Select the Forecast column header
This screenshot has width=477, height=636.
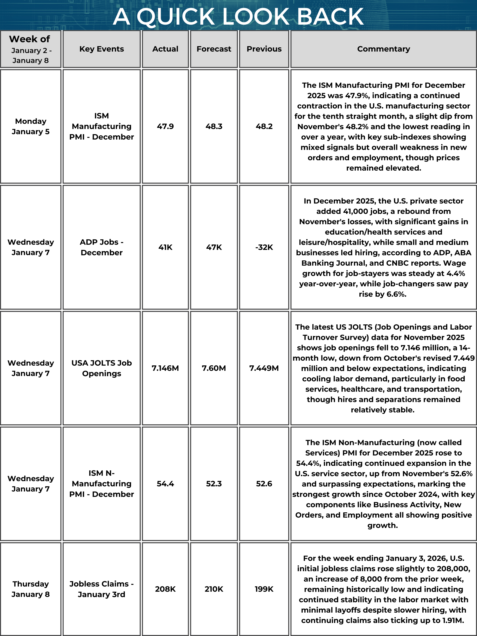tap(214, 49)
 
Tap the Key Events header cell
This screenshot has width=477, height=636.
tap(101, 49)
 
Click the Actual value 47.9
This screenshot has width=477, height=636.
tap(165, 126)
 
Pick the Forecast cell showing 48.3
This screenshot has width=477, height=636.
tap(214, 126)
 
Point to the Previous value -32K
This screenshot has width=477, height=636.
tap(264, 247)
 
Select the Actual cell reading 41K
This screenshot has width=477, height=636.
tap(165, 247)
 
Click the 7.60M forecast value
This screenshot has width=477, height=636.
tap(214, 368)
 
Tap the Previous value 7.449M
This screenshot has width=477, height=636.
tap(264, 368)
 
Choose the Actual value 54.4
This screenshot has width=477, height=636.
tap(165, 484)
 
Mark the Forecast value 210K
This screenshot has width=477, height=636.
tap(214, 589)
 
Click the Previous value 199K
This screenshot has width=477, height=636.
tap(264, 589)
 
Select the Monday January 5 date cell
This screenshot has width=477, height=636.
tap(30, 126)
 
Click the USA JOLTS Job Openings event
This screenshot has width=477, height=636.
tap(101, 368)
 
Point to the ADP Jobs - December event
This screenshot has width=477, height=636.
tap(101, 247)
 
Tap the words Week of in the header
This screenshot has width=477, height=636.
tap(29, 39)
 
